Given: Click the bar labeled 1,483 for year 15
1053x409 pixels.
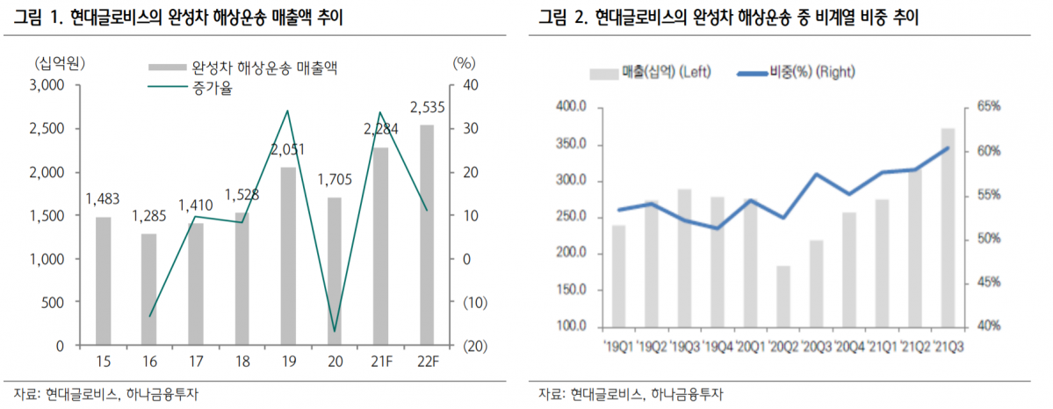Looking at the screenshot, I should pos(104,281).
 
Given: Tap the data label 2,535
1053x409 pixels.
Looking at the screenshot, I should pos(428,108).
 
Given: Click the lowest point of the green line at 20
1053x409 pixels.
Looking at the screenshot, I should pos(335,332).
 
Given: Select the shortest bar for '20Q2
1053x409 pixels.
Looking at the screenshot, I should pos(783,296).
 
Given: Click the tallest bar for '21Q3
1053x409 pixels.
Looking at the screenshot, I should pos(948,227).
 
